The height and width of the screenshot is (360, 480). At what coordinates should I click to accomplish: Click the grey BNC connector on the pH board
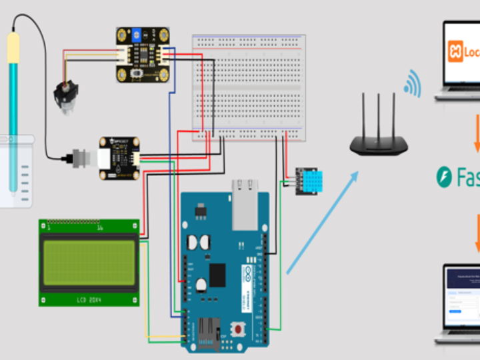[x=81, y=158]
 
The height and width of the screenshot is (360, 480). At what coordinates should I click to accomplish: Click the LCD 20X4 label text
[x=89, y=297]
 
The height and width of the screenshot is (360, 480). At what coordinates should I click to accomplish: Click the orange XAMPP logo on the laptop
[x=456, y=51]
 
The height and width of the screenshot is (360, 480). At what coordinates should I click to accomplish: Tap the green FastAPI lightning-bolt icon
[x=444, y=177]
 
